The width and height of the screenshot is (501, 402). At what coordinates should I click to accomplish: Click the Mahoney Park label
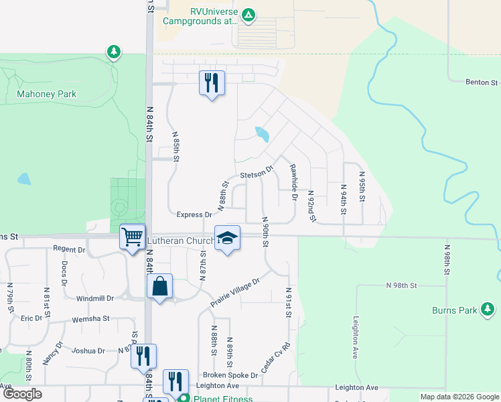(x=46, y=94)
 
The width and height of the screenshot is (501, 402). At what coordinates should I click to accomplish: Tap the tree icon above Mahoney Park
(x=114, y=52)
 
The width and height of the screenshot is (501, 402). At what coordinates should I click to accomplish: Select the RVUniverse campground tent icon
(x=248, y=14)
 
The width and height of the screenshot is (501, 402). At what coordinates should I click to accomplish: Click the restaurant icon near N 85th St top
(x=212, y=83)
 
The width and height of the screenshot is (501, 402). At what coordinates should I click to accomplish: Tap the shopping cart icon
(x=133, y=236)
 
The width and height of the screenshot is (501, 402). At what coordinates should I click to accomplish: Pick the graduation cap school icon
(x=227, y=238)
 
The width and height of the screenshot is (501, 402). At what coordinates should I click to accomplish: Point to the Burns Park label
(x=455, y=310)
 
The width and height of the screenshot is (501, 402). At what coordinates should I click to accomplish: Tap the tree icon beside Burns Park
(x=489, y=309)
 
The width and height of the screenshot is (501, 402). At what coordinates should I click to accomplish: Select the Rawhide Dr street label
(x=293, y=183)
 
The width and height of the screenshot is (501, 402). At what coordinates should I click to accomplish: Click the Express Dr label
(x=194, y=215)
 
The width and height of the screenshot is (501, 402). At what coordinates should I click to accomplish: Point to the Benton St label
(x=482, y=82)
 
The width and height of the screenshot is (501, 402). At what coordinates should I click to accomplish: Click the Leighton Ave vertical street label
(x=354, y=340)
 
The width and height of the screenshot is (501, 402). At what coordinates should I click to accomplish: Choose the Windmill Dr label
(x=95, y=298)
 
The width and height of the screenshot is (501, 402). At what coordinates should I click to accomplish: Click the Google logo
(x=22, y=394)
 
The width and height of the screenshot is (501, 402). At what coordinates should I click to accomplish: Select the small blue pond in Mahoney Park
(x=24, y=179)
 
